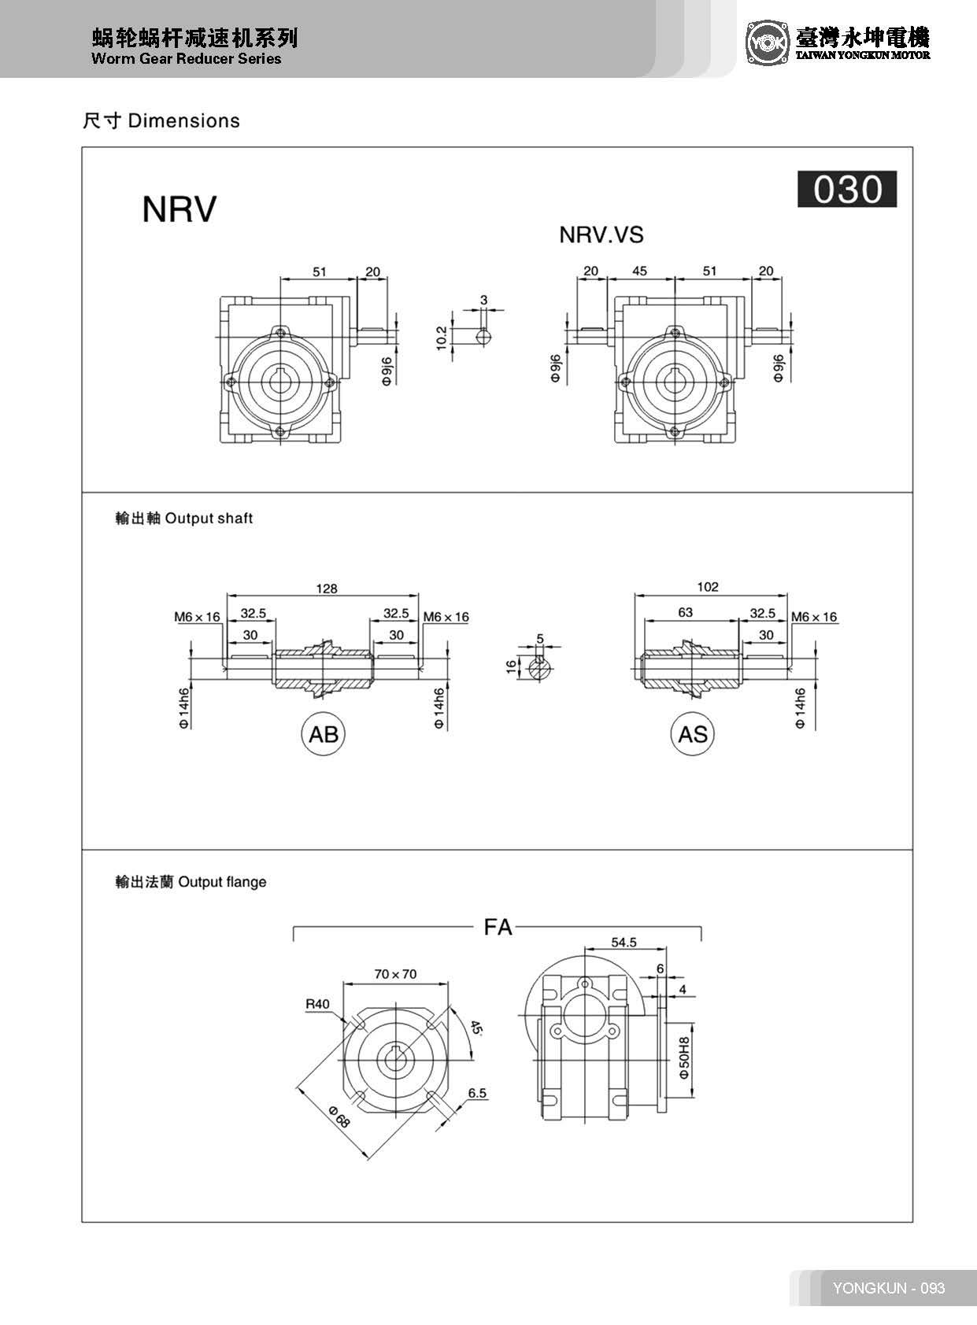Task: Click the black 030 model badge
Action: (x=846, y=190)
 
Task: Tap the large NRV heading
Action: (x=179, y=209)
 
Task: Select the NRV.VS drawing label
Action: (x=601, y=234)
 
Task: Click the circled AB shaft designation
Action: (x=323, y=734)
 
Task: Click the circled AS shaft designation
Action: (x=692, y=734)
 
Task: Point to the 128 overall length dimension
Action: (x=326, y=589)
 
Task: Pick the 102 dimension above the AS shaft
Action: (x=707, y=587)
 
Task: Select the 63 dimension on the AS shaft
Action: (x=685, y=612)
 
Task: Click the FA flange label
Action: (x=498, y=927)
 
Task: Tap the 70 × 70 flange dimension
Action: (x=395, y=974)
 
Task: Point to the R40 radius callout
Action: (x=318, y=1004)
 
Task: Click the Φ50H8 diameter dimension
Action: (x=683, y=1057)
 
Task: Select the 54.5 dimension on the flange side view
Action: (x=624, y=942)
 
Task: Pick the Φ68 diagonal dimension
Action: (x=339, y=1116)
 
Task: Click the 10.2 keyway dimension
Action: (x=442, y=338)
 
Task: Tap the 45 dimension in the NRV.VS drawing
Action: (x=639, y=271)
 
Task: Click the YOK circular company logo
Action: (x=767, y=42)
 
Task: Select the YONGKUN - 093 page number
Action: (x=888, y=1288)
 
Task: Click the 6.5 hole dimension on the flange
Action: (x=477, y=1093)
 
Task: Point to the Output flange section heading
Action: (x=191, y=882)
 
